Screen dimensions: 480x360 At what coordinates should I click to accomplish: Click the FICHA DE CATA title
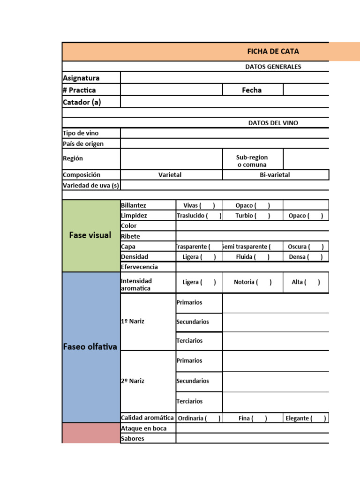pos(273,52)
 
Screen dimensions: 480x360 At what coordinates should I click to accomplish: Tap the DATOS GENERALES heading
pos(273,67)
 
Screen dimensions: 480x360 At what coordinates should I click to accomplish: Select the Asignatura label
pos(81,78)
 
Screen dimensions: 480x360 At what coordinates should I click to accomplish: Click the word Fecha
pos(252,90)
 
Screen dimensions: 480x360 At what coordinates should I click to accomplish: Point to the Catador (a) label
pos(82,102)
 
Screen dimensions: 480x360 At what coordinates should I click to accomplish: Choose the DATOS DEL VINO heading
pos(273,123)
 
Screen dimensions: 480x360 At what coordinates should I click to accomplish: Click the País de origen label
pos(83,143)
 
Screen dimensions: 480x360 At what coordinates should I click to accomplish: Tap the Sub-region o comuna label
pos(252,161)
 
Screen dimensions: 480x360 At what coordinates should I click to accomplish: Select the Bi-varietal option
pos(275,175)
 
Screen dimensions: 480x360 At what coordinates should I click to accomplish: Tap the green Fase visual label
pos(90,235)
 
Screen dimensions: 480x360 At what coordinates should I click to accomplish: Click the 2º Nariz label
pos(132,381)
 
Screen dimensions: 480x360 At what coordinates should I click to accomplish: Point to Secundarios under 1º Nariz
pos(193,322)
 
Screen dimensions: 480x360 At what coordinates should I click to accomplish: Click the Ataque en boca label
pos(143,428)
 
